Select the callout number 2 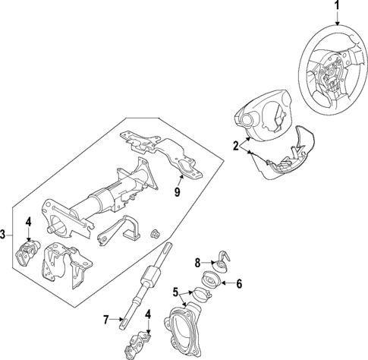[x=236, y=145]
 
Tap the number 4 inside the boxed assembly [x=27, y=222]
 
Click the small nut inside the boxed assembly [x=156, y=232]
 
